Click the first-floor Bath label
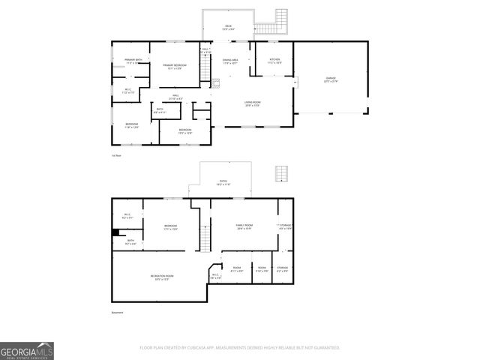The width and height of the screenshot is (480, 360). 159,110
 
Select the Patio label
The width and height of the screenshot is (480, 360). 223,182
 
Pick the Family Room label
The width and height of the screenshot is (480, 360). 243,226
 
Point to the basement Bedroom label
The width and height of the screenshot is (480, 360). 170,226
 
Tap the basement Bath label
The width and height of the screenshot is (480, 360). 130,241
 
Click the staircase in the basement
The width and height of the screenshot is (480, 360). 202,241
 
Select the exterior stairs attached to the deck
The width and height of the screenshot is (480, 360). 282,19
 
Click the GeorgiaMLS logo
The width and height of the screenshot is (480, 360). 26,350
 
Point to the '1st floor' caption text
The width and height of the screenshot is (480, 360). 116,155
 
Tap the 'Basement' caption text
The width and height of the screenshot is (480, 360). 117,313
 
